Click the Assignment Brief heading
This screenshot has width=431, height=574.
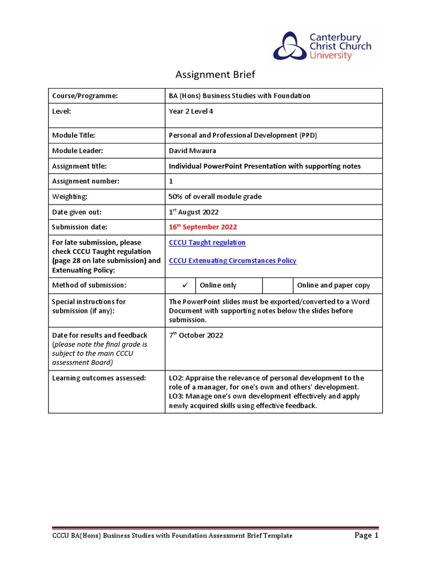click(215, 75)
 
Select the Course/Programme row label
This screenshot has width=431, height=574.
click(85, 96)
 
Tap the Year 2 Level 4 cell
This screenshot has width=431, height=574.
click(191, 111)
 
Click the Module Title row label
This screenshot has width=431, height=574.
click(74, 135)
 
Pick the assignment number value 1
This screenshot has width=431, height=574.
click(171, 181)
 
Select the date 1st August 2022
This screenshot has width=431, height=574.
click(194, 212)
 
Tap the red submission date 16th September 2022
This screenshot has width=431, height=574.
click(203, 227)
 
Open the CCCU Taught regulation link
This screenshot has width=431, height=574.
click(207, 242)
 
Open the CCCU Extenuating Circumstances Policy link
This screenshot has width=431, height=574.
click(232, 260)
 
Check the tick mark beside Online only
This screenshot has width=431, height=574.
click(184, 285)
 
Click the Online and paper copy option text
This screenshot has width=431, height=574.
click(333, 285)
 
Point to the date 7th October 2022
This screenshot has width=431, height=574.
click(196, 335)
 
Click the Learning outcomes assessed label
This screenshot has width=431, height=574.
click(99, 378)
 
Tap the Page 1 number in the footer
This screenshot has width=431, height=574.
click(367, 535)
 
